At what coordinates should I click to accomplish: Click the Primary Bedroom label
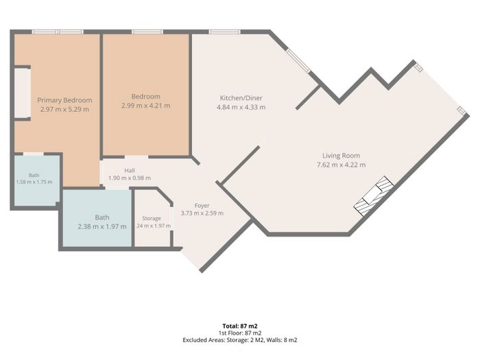coord(64,100)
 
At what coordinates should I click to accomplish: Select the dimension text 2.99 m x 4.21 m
coord(145,106)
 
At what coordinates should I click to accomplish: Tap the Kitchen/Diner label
coord(241,98)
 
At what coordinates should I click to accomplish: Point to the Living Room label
coord(341,156)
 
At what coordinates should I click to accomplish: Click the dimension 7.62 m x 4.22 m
coord(341,165)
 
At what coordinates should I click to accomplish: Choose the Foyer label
coord(202,206)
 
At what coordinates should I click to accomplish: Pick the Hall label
coord(130,171)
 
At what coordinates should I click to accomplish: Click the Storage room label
coord(152,218)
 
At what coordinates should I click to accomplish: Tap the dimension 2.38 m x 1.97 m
coord(102,227)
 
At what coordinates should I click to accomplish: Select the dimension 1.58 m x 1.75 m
coord(34,182)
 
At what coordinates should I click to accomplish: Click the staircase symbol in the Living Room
coord(374,196)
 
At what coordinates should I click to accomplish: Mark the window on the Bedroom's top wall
coord(147,32)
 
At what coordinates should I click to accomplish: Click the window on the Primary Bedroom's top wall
coord(58,32)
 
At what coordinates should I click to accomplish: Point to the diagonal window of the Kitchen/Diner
coord(298,60)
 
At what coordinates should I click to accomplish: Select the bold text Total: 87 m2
coord(240,326)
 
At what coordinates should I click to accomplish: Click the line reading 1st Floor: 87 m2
coord(240,333)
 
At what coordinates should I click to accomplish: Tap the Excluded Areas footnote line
coord(240,340)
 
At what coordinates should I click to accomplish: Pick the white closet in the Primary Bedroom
coord(22,93)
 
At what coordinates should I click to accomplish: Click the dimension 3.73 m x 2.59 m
coord(202,213)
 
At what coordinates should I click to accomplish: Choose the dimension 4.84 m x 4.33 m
coord(241,108)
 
